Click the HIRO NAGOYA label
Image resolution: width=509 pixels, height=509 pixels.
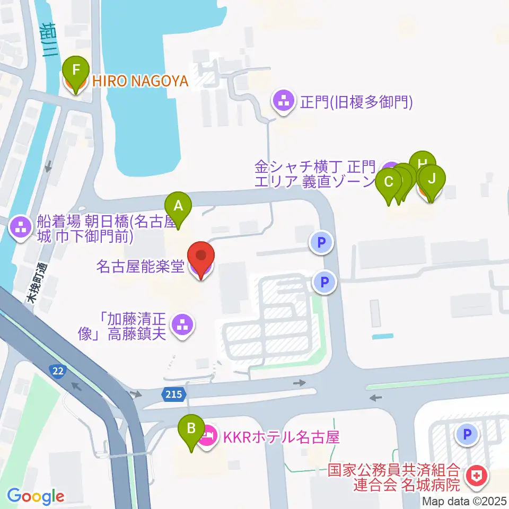pos(141,81)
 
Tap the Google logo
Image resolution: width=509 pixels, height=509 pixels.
pos(36,496)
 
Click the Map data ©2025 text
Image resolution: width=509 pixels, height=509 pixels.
pos(464,501)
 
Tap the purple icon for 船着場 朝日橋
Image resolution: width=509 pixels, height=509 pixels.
pos(21,229)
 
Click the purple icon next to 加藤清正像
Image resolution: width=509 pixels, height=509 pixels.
pos(183,324)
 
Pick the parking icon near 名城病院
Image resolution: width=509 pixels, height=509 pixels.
pos(467,435)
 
